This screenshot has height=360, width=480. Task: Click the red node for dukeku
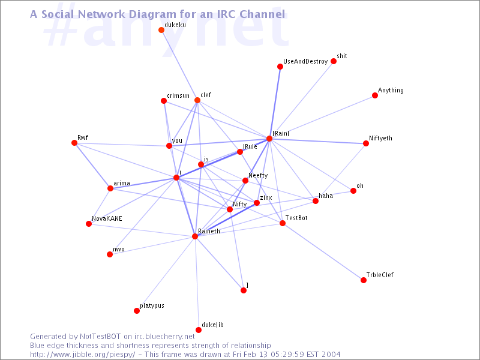click(161, 30)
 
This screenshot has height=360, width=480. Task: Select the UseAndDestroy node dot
click(280, 67)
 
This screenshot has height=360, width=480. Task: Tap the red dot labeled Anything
click(375, 95)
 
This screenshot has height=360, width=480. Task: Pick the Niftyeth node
click(366, 143)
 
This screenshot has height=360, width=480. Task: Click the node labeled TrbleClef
click(364, 280)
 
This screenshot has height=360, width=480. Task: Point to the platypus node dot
click(137, 311)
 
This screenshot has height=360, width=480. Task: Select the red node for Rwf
click(74, 143)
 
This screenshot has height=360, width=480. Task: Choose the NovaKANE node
click(89, 224)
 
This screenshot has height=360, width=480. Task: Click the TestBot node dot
click(283, 223)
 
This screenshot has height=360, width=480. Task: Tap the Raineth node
click(195, 236)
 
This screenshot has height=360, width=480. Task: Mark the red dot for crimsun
click(164, 101)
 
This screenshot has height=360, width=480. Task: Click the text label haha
click(326, 196)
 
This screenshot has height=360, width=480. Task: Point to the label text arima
click(121, 183)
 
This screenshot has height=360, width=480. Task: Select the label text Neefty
click(258, 175)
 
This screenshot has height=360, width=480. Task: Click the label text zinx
click(266, 197)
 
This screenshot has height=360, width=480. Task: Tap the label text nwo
click(118, 249)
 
